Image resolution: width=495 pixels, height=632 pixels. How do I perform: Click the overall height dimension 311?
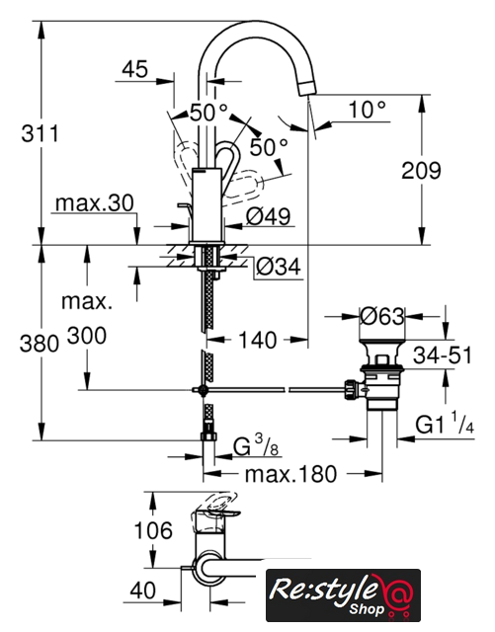point(40,133)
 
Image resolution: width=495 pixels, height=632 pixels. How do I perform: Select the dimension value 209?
point(421,171)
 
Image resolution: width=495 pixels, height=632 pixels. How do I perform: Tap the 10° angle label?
point(367,109)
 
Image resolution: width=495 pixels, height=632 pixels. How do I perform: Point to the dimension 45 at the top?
point(135,69)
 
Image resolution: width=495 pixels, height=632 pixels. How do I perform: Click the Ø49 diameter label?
point(269,216)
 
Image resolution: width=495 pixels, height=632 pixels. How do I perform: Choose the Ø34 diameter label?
point(279,267)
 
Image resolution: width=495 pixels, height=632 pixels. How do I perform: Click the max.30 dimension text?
point(94,203)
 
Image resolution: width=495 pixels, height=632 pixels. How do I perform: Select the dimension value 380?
point(40,345)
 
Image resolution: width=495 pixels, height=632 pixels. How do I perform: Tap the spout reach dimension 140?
point(258,340)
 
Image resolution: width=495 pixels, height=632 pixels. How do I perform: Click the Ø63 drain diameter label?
point(382,316)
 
